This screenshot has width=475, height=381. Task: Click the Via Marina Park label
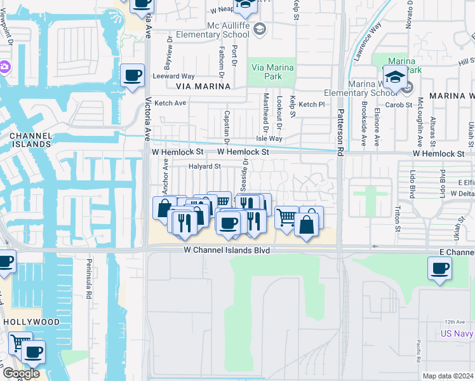coord(272,72)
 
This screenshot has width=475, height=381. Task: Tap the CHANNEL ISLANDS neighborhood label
coord(30,140)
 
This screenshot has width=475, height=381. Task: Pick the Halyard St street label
coord(204,166)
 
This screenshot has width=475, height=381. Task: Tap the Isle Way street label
coord(269,138)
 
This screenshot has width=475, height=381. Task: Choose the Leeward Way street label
coord(173,76)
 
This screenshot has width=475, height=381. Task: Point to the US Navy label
coord(457,333)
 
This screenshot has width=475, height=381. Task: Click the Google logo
coord(21,373)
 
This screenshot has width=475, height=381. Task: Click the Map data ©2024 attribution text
coord(448,376)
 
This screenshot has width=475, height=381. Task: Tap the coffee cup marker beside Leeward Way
coord(132,76)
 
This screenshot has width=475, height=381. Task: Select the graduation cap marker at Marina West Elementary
coord(395,77)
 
